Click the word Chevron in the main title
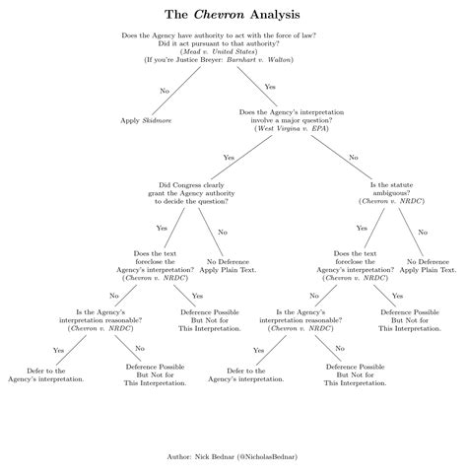pyautogui.click(x=219, y=15)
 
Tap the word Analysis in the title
pyautogui.click(x=275, y=15)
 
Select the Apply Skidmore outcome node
pyautogui.click(x=146, y=120)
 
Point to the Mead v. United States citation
pyautogui.click(x=219, y=51)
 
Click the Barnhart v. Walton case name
pyautogui.click(x=258, y=60)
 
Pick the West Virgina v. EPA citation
pyautogui.click(x=292, y=128)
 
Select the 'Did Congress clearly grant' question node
pyautogui.click(x=191, y=193)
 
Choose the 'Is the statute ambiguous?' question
pyautogui.click(x=391, y=193)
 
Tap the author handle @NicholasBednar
pyautogui.click(x=267, y=456)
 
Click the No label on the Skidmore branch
pyautogui.click(x=165, y=91)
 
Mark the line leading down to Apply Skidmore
pyautogui.click(x=176, y=91)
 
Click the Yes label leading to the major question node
pyautogui.click(x=270, y=87)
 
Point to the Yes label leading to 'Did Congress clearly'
pyautogui.click(x=229, y=158)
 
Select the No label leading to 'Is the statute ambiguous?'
pyautogui.click(x=354, y=158)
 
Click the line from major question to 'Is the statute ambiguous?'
pyautogui.click(x=341, y=157)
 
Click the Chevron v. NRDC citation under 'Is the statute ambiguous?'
pyautogui.click(x=391, y=201)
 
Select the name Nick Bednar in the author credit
pyautogui.click(x=215, y=456)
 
